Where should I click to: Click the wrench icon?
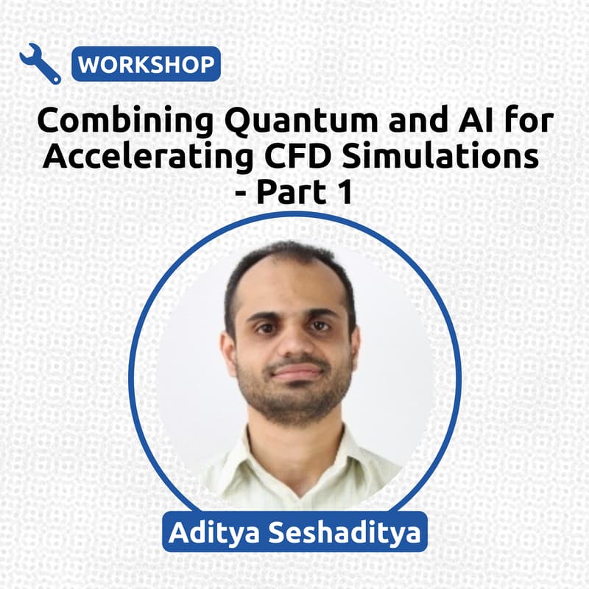tap(40, 63)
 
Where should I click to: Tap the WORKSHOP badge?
tap(146, 64)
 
